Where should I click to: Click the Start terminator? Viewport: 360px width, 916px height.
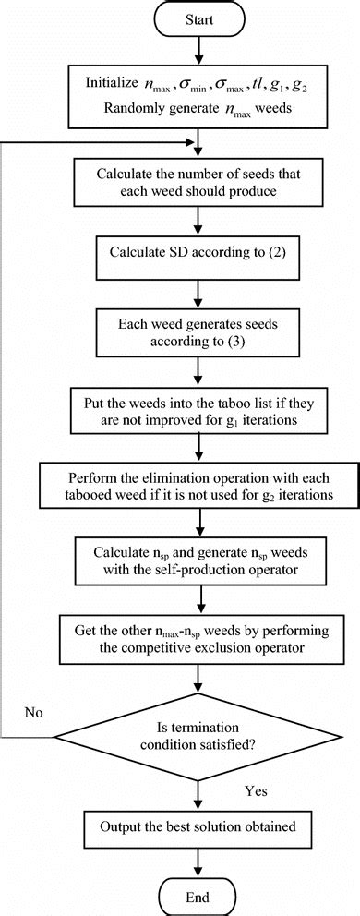click(200, 20)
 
